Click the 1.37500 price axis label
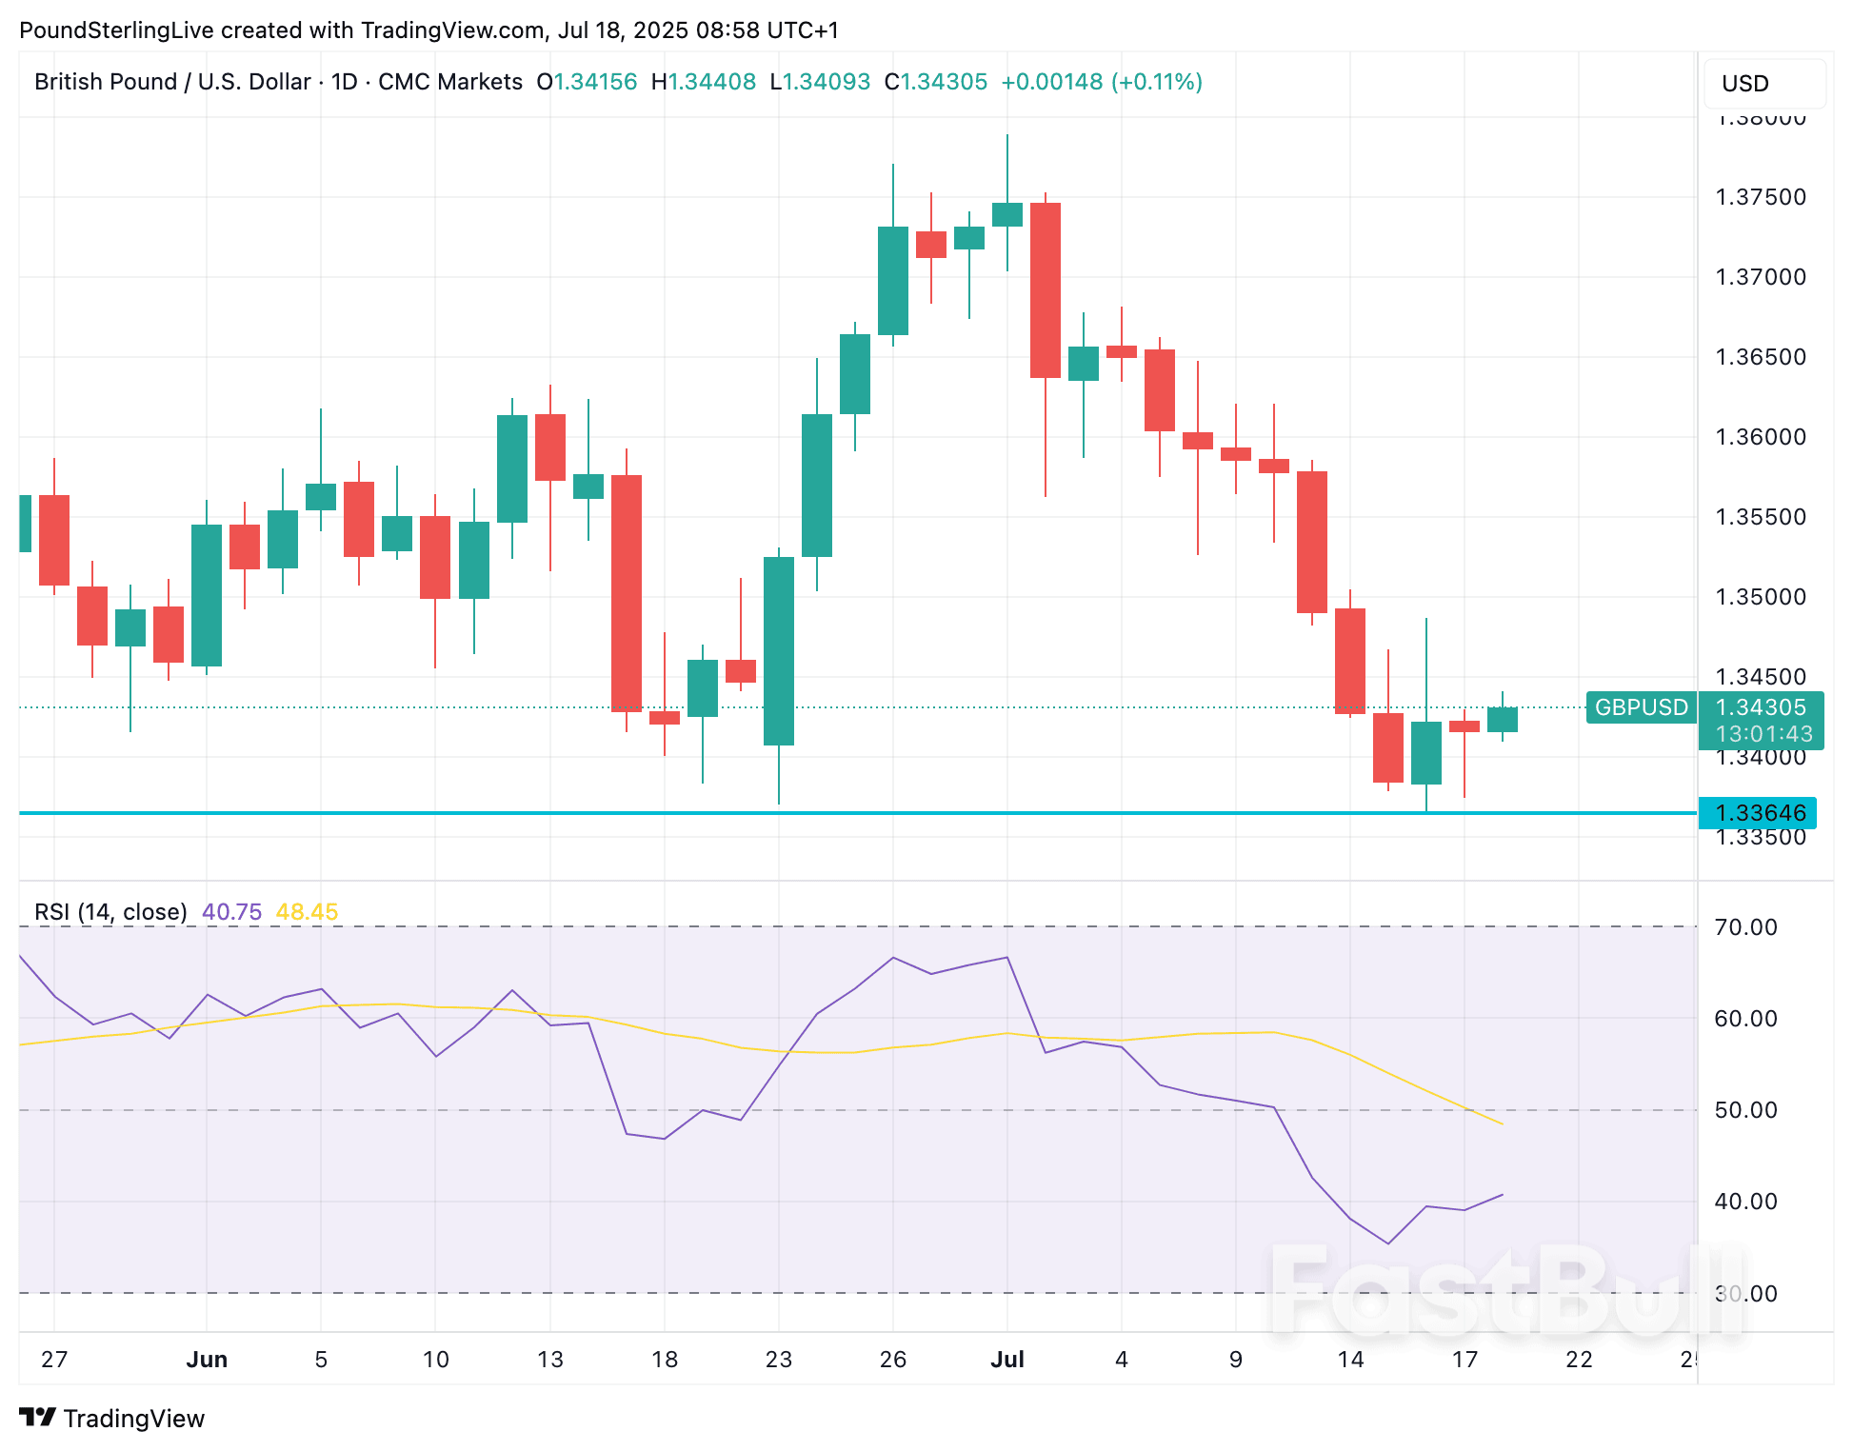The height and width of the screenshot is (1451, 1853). [x=1760, y=197]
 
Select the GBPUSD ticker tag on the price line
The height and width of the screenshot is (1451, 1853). [x=1641, y=707]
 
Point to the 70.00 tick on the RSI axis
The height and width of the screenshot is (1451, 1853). [x=1745, y=927]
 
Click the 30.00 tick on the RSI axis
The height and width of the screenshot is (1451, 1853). [x=1745, y=1294]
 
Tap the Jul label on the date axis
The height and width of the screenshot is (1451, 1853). [x=1006, y=1360]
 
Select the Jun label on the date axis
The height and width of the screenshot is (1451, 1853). [x=207, y=1360]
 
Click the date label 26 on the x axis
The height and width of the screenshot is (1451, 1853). [x=892, y=1360]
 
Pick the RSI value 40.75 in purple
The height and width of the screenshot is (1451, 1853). [x=231, y=912]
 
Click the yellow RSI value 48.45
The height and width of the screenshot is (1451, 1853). [x=307, y=912]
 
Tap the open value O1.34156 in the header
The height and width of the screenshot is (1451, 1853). [x=587, y=82]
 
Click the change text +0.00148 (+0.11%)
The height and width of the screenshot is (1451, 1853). [x=1101, y=82]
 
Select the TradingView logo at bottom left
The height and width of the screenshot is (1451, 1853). [x=112, y=1419]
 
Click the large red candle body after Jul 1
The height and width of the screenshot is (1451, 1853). [x=1045, y=290]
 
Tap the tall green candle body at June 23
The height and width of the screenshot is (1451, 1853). [x=778, y=651]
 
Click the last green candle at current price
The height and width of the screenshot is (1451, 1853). [x=1502, y=720]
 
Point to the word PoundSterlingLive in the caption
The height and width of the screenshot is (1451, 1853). [x=116, y=30]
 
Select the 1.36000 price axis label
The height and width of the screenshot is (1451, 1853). [x=1760, y=437]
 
